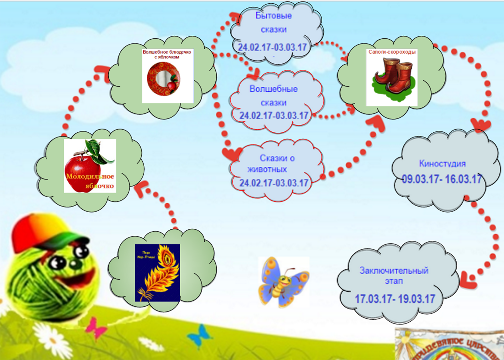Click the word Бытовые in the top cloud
coord(273,15)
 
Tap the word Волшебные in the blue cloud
coord(274,89)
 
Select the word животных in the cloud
coord(267,169)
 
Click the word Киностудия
coord(442,164)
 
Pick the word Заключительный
coord(394,270)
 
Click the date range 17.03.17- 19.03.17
coord(395,299)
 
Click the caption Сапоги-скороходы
coord(392,52)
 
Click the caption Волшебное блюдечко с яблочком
coord(167,54)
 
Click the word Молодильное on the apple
coord(90,176)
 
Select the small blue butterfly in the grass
coord(200,335)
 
